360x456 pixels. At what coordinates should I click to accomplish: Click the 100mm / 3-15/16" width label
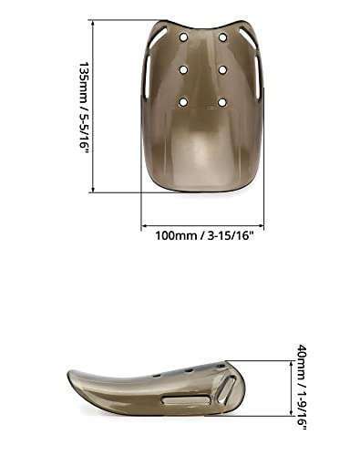click(204, 236)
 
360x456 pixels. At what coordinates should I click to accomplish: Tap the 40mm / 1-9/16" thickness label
click(302, 387)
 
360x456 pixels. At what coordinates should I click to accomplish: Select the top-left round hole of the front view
click(184, 37)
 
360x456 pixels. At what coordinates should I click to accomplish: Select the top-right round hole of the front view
click(222, 37)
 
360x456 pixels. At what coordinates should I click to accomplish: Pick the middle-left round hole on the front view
click(183, 70)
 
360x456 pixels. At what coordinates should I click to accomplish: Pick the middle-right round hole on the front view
click(222, 70)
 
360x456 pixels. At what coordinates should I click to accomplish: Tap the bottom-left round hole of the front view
click(183, 102)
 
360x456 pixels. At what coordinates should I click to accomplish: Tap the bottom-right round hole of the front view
click(222, 102)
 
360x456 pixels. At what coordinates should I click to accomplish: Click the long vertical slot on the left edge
click(146, 77)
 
